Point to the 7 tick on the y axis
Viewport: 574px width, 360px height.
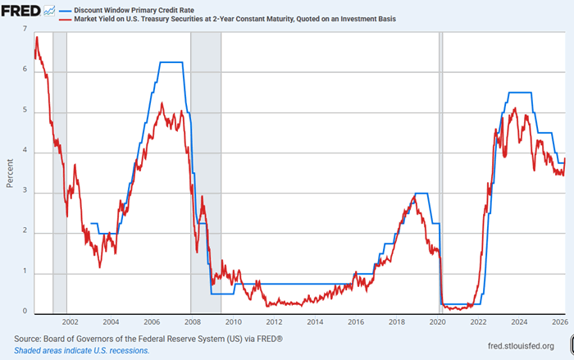25,30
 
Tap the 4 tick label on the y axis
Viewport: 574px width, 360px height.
25,151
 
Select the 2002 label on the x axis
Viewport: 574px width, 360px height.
70,323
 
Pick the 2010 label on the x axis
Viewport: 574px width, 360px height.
233,323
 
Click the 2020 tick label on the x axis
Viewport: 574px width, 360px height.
437,323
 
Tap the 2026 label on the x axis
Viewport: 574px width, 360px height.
559,323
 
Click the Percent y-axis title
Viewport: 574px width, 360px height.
9,171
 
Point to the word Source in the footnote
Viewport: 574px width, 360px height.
28,338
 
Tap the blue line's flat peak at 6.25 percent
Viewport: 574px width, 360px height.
171,62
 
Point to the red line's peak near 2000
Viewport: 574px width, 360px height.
37,38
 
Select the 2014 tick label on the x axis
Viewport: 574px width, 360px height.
315,323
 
